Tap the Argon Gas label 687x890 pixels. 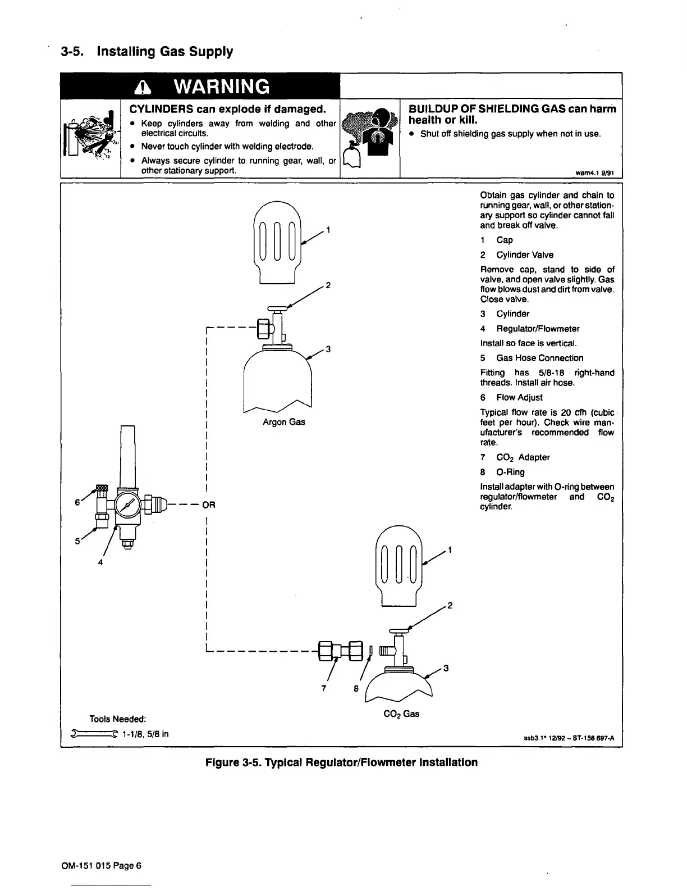pos(284,421)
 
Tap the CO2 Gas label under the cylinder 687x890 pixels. pos(400,713)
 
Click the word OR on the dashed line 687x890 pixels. pos(209,504)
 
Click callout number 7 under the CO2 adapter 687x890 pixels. pos(324,689)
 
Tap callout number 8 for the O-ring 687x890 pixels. pos(356,689)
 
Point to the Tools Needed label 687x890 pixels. pos(118,719)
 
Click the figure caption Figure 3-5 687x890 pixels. pos(341,762)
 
